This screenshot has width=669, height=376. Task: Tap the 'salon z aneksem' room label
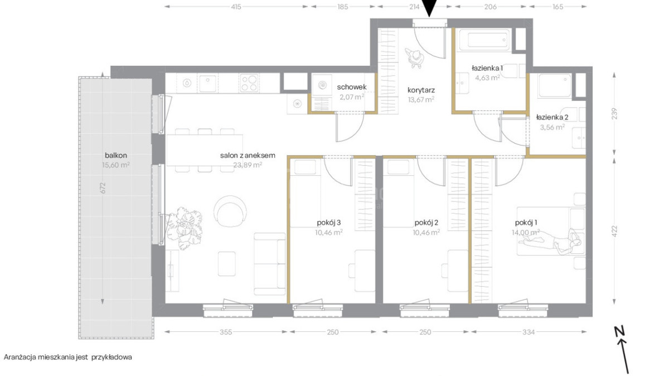pyautogui.click(x=248, y=156)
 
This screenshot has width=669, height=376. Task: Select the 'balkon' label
pyautogui.click(x=116, y=156)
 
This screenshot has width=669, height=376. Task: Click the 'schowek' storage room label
pyautogui.click(x=352, y=87)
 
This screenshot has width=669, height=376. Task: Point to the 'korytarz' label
pyautogui.click(x=421, y=90)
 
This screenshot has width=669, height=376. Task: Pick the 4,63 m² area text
pyautogui.click(x=488, y=78)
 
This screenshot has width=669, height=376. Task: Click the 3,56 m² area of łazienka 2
pyautogui.click(x=552, y=127)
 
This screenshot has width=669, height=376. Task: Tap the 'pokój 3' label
pyautogui.click(x=329, y=223)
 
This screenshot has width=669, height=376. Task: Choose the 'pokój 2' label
pyautogui.click(x=426, y=223)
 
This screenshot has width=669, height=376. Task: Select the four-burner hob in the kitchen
pyautogui.click(x=249, y=83)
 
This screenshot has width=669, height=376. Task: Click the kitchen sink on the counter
pyautogui.click(x=207, y=83)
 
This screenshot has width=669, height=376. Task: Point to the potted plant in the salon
pyautogui.click(x=183, y=228)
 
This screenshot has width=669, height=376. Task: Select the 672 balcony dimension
pyautogui.click(x=103, y=188)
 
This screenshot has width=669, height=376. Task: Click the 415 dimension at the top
pyautogui.click(x=236, y=7)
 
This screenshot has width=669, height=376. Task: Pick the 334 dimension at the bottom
pyautogui.click(x=529, y=332)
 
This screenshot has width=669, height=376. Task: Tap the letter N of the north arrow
pyautogui.click(x=620, y=331)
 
